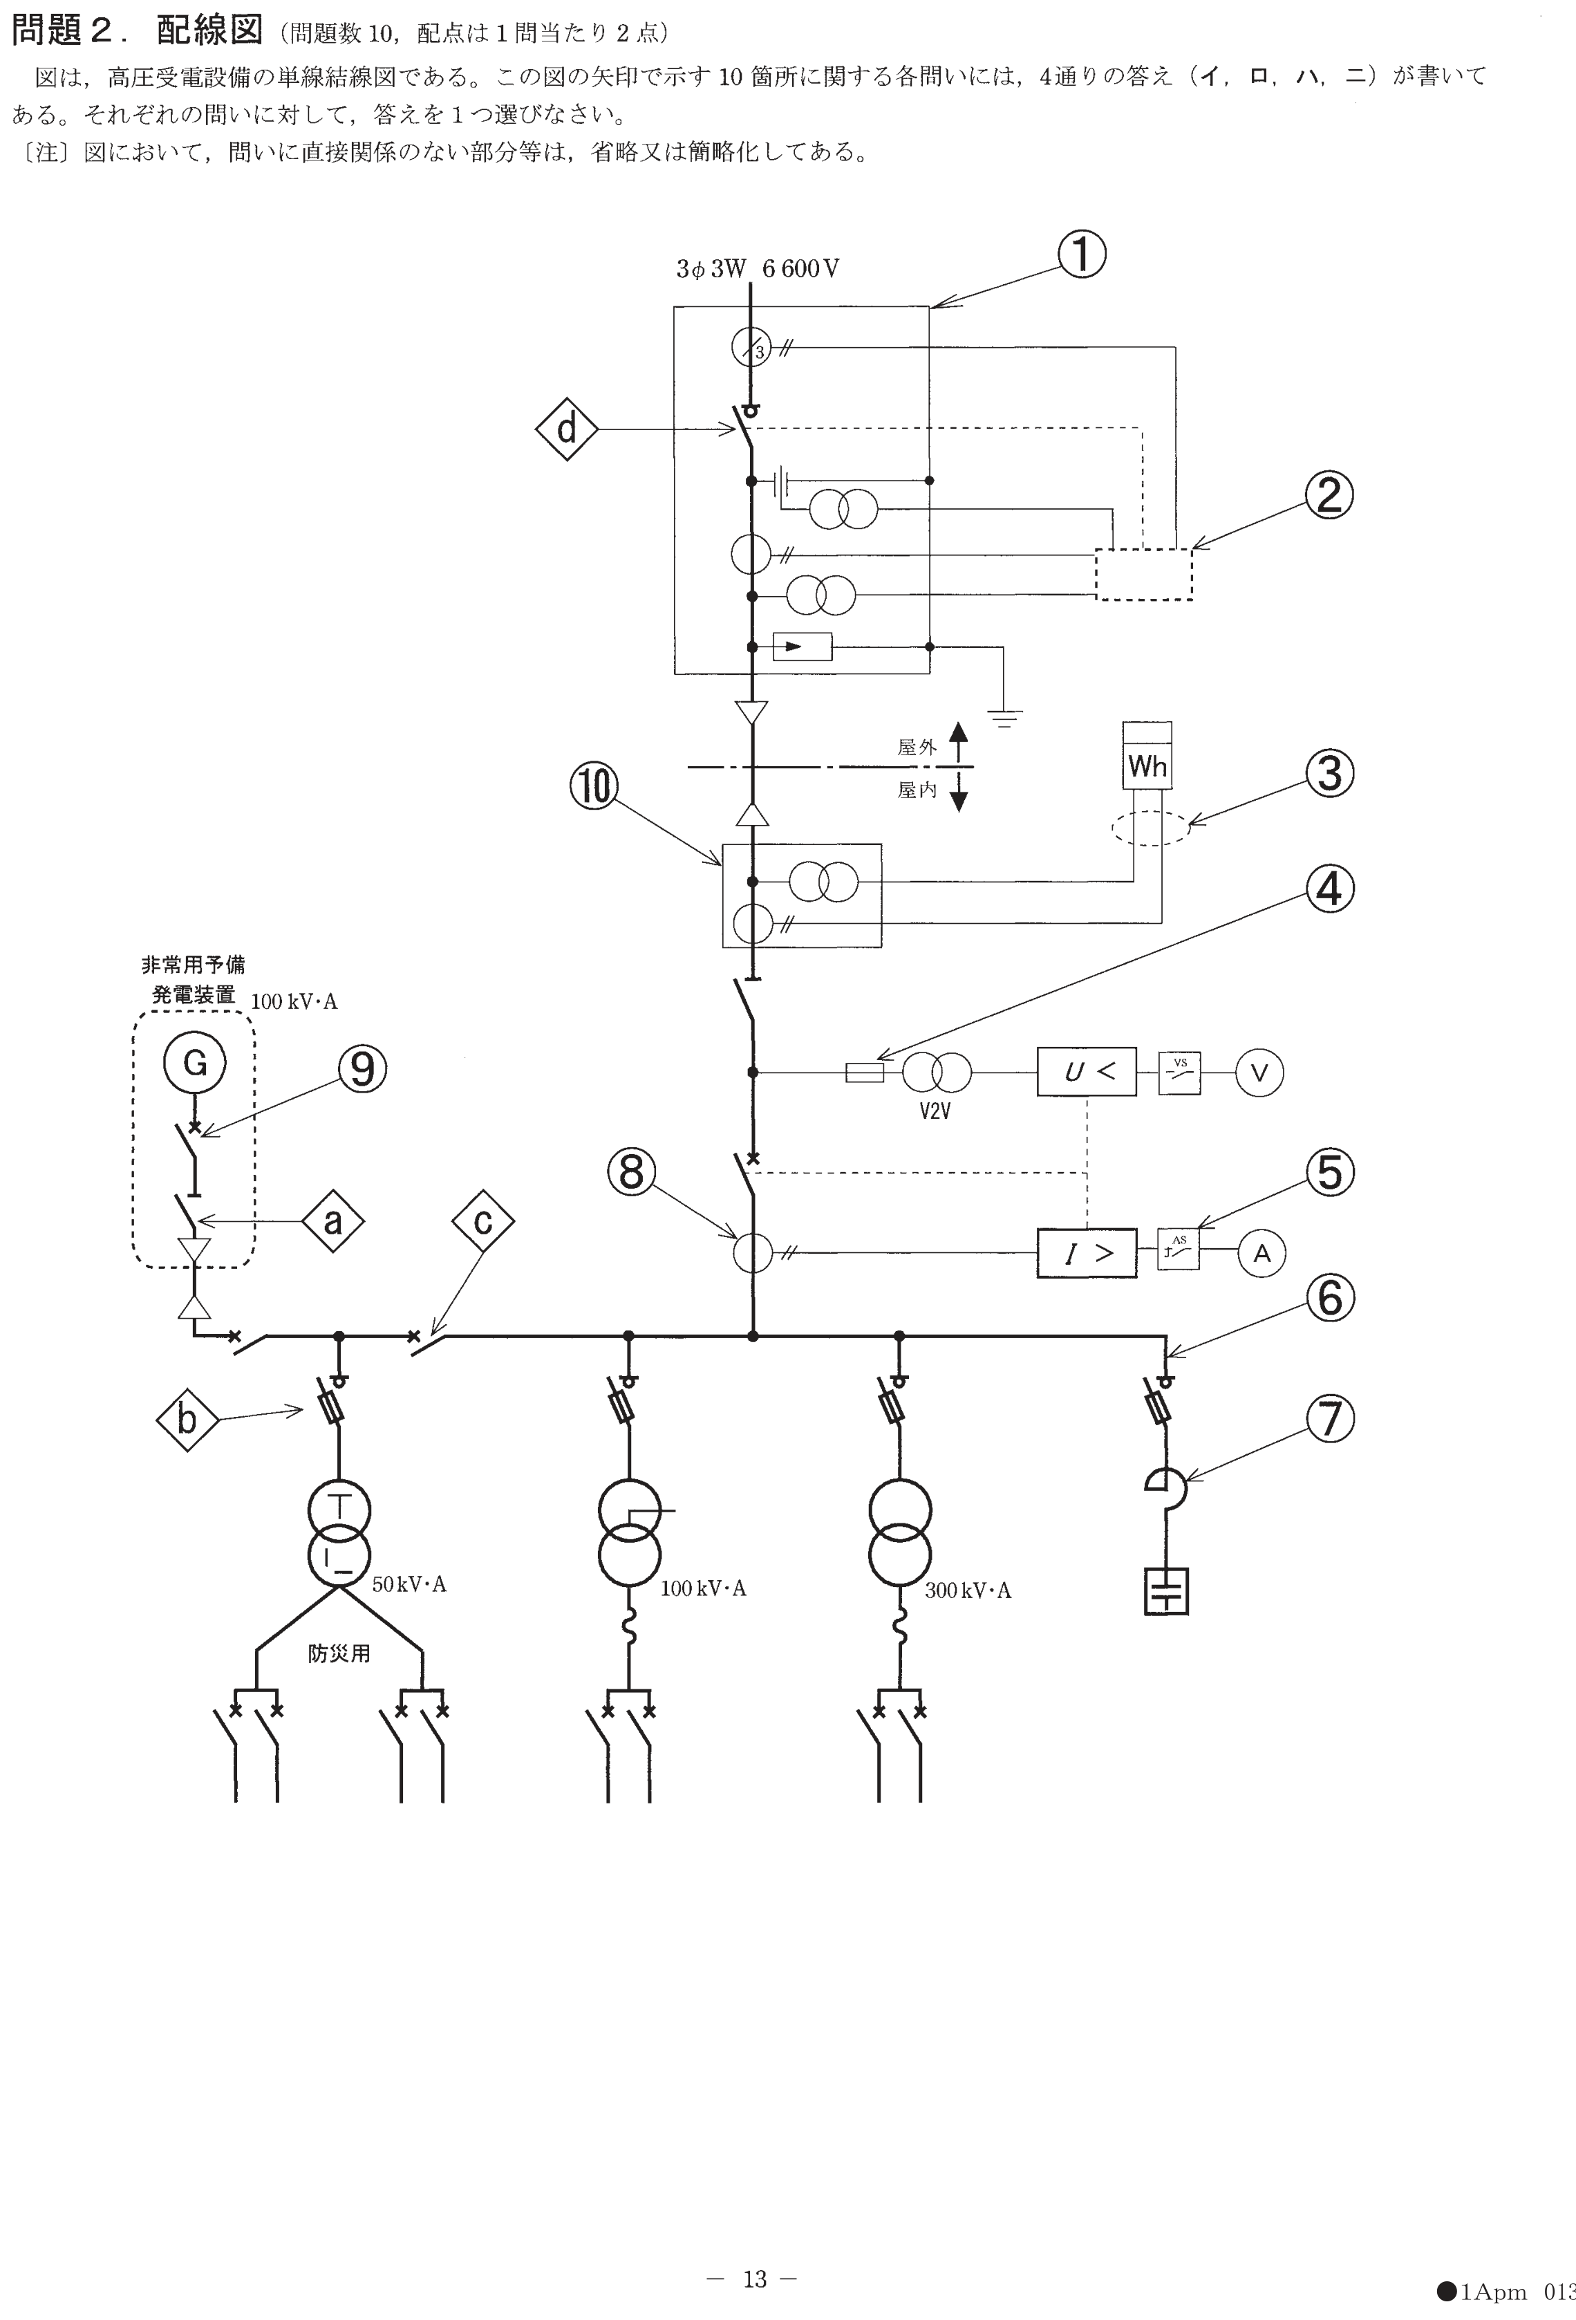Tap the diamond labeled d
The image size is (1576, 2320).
click(x=567, y=429)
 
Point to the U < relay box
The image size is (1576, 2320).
click(x=1086, y=1072)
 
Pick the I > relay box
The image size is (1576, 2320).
click(x=1086, y=1253)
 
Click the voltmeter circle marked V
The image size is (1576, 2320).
click(x=1259, y=1073)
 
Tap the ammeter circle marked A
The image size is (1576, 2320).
click(x=1261, y=1253)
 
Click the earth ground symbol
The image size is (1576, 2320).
click(x=1004, y=717)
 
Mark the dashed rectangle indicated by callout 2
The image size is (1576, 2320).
click(x=1144, y=574)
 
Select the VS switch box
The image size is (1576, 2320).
click(x=1180, y=1073)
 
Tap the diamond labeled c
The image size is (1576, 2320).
click(x=483, y=1221)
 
